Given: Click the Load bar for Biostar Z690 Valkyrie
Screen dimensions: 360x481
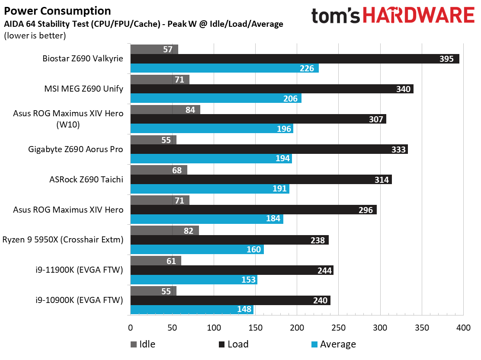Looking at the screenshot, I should pyautogui.click(x=294, y=59).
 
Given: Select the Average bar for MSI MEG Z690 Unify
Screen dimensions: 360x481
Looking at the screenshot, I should pyautogui.click(x=215, y=99).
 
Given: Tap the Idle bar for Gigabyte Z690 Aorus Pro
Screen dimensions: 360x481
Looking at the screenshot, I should pyautogui.click(x=153, y=140).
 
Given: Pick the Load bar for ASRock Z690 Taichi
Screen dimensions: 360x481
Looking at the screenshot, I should pyautogui.click(x=261, y=180).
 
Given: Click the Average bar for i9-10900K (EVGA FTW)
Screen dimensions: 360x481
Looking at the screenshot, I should pyautogui.click(x=192, y=310).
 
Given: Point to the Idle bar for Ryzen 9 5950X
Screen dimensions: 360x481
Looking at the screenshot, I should pyautogui.click(x=164, y=231).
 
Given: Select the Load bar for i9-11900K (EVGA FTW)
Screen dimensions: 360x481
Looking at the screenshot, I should pyautogui.click(x=231, y=271).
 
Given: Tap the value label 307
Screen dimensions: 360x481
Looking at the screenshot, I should pyautogui.click(x=375, y=119).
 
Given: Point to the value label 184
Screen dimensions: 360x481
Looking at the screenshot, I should pyautogui.click(x=273, y=219).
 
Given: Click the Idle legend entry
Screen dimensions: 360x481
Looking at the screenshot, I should pyautogui.click(x=143, y=344).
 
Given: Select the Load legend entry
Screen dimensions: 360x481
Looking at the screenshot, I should pyautogui.click(x=234, y=344).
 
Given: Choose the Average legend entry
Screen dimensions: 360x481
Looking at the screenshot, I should pyautogui.click(x=333, y=344).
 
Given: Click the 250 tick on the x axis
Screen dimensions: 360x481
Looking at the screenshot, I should pyautogui.click(x=339, y=328).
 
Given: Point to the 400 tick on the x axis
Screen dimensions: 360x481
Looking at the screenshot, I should pyautogui.click(x=463, y=328).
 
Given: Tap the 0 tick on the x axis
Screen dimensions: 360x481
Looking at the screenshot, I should pyautogui.click(x=130, y=328).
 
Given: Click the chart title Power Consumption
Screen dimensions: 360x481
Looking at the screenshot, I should pyautogui.click(x=57, y=11).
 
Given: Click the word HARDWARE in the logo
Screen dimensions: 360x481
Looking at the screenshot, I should pyautogui.click(x=419, y=16).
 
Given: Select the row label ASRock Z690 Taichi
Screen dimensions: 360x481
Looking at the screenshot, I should pyautogui.click(x=87, y=180).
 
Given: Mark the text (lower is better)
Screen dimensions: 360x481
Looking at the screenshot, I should pyautogui.click(x=35, y=36).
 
